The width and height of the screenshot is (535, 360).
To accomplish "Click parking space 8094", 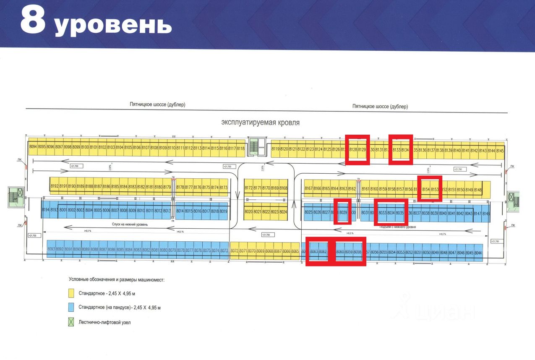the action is coord(33,147).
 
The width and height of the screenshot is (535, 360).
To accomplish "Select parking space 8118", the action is coord(240,148).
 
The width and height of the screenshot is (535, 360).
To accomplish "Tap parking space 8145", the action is coord(500,150).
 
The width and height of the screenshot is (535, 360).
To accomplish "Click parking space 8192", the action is coord(54,186).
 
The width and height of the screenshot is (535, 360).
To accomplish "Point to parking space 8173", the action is coord(223,187).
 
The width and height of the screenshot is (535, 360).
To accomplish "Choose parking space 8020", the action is coord(248,211).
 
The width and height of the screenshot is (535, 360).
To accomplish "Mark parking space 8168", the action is coord(283,188).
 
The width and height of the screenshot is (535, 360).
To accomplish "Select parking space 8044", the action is coord(478,252).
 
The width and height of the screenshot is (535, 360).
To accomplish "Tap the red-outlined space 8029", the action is coord(343,212).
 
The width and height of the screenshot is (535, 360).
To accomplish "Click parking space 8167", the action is coord(309,188).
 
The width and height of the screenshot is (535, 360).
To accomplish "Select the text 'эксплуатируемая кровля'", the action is coord(261,123).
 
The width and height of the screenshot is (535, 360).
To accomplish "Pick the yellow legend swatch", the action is coord(71,293).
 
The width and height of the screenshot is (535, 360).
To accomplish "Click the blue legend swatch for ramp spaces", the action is coord(71,308).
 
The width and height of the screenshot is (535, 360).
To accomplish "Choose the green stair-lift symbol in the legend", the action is coord(71,322).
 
